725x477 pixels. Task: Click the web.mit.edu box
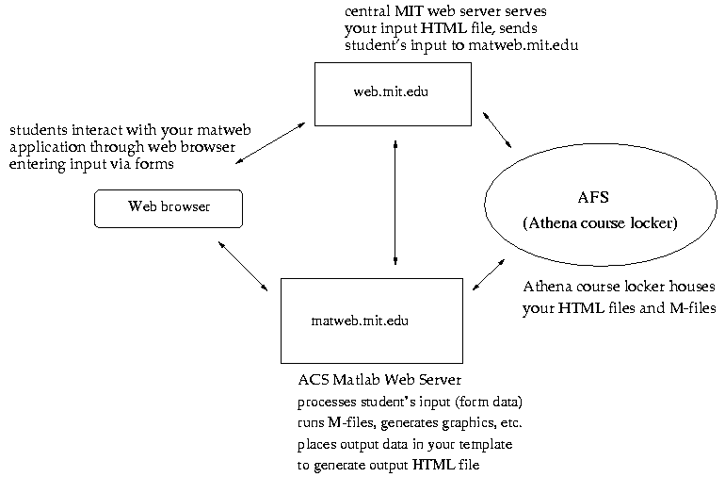(393, 92)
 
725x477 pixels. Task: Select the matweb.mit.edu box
(372, 321)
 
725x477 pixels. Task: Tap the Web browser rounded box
(169, 207)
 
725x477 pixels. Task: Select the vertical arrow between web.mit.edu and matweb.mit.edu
(395, 202)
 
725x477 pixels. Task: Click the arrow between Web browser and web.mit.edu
(269, 143)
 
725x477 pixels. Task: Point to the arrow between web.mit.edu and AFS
(496, 129)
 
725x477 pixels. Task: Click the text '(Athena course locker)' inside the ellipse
(600, 223)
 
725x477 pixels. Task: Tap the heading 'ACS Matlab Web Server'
(379, 381)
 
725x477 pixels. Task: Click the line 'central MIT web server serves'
(445, 11)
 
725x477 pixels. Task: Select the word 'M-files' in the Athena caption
(684, 308)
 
